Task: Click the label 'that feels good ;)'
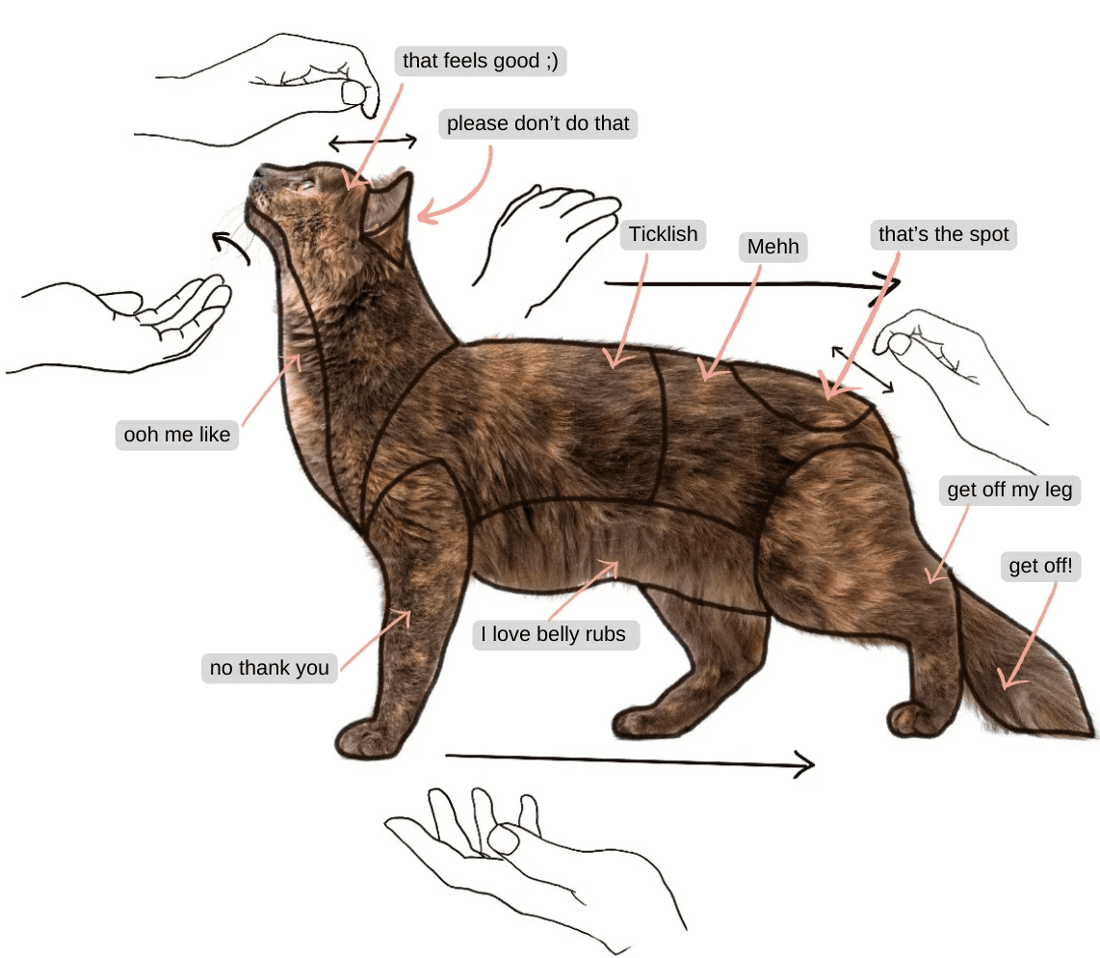click(x=481, y=61)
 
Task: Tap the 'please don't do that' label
click(x=538, y=123)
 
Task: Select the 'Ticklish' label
click(x=663, y=233)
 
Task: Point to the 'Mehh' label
click(x=773, y=247)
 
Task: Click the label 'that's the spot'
click(x=944, y=233)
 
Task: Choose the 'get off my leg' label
click(x=1009, y=490)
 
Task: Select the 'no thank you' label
click(x=270, y=668)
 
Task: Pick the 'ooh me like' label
click(x=177, y=435)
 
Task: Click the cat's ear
click(x=388, y=210)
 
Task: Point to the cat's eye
click(x=306, y=186)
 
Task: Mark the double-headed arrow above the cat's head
click(x=373, y=143)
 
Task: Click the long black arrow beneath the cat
click(x=629, y=760)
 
